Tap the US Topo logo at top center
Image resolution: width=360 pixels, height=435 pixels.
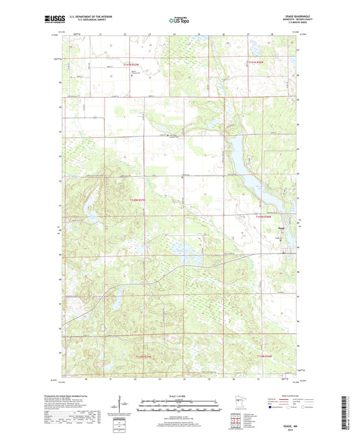[179, 21]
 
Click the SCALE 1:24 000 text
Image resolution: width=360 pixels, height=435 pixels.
[180, 396]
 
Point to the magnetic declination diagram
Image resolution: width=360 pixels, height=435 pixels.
[122, 408]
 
